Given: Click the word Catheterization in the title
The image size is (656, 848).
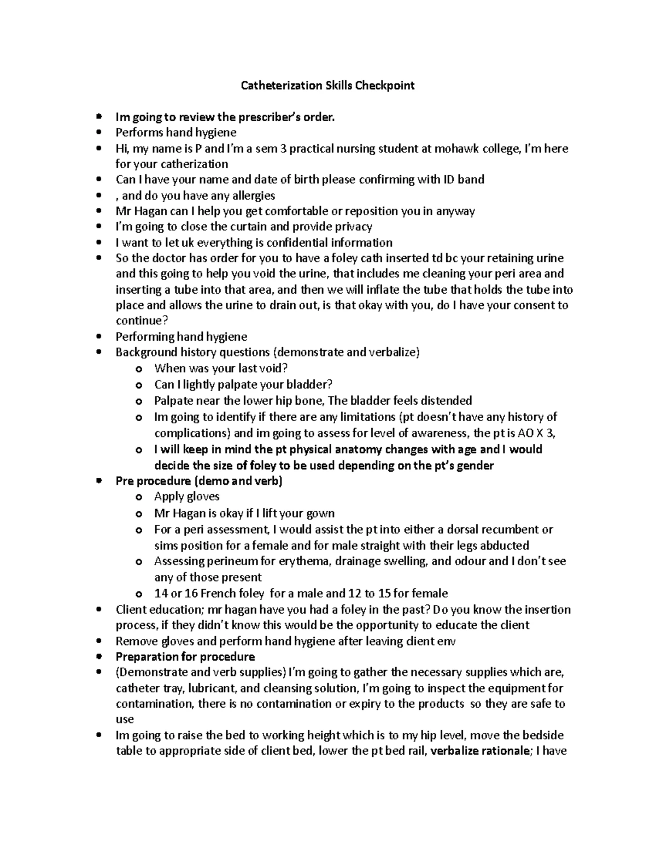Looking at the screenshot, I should (x=274, y=85).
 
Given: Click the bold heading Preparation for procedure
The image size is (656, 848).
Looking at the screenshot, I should (x=185, y=656).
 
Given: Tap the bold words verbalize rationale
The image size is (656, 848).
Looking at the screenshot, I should (x=481, y=751).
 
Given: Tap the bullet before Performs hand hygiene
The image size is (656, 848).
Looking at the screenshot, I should (x=98, y=133).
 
